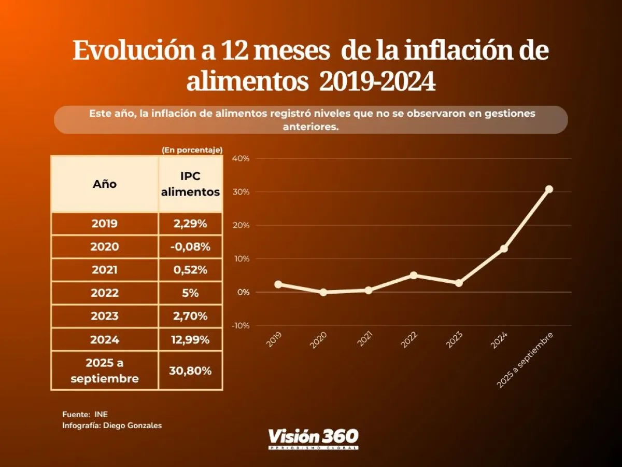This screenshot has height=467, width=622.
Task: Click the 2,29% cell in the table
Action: pos(190,224)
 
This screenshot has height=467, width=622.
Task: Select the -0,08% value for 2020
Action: pos(190,247)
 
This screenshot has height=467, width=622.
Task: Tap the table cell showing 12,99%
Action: pos(190,340)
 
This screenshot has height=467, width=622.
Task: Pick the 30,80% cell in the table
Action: pos(190,371)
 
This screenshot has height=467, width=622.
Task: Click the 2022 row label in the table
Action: pos(105,293)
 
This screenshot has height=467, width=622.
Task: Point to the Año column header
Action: pos(105,184)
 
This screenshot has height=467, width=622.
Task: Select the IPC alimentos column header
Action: pos(190,184)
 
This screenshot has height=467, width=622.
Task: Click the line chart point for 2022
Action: pos(414,275)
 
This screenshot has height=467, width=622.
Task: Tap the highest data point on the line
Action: pos(549,189)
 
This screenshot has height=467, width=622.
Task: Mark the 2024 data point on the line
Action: pos(504,249)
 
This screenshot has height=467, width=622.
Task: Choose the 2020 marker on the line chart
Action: pos(323,292)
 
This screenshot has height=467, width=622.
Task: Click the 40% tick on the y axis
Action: pos(241,158)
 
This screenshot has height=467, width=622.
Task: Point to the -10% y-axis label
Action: pos(241,325)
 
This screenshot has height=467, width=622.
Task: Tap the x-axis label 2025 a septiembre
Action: pos(526,360)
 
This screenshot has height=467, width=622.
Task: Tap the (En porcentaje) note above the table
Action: pos(192,150)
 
